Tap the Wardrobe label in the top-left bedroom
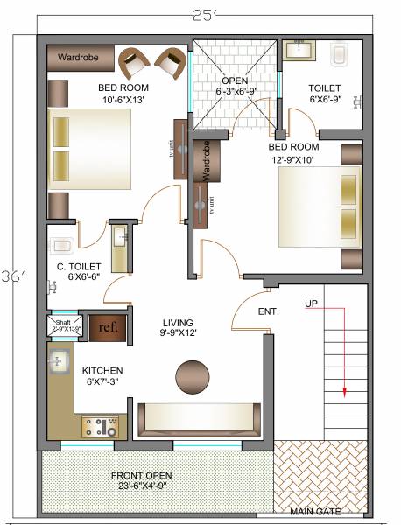pyautogui.click(x=78, y=58)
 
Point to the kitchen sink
pyautogui.click(x=59, y=361)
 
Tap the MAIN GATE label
pyautogui.click(x=316, y=511)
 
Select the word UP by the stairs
pyautogui.click(x=311, y=304)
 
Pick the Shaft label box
pyautogui.click(x=63, y=325)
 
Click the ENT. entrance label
pyautogui.click(x=268, y=311)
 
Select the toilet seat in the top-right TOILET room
pyautogui.click(x=340, y=56)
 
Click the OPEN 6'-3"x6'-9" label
pyautogui.click(x=235, y=86)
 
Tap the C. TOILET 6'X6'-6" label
pyautogui.click(x=79, y=271)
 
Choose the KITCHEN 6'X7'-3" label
pyautogui.click(x=102, y=377)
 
